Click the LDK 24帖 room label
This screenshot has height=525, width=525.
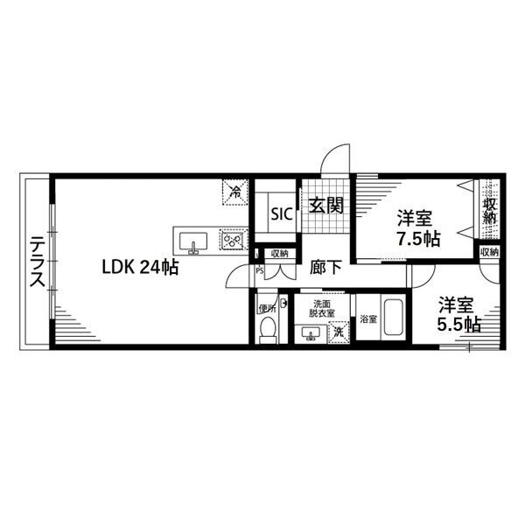(x=140, y=268)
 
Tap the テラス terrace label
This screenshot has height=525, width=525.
(x=37, y=262)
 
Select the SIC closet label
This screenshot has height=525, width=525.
(x=282, y=214)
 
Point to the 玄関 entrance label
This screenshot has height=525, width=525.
(x=325, y=206)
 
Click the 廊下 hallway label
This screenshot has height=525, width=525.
(x=325, y=268)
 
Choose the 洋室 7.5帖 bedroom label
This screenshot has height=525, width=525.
(x=418, y=228)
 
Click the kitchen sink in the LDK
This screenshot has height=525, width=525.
(x=193, y=242)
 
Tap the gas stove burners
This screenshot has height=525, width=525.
(x=234, y=239)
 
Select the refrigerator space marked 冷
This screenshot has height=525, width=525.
(x=235, y=192)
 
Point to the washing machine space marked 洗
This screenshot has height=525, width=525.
(x=339, y=332)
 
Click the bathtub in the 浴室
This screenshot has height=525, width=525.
(x=395, y=317)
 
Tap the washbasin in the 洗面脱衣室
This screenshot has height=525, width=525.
(x=311, y=333)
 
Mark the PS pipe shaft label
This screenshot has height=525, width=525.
(x=260, y=270)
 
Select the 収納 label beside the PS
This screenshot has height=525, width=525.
(x=280, y=254)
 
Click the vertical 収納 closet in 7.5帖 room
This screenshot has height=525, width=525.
(x=489, y=209)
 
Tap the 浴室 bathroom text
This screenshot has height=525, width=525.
(x=368, y=319)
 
